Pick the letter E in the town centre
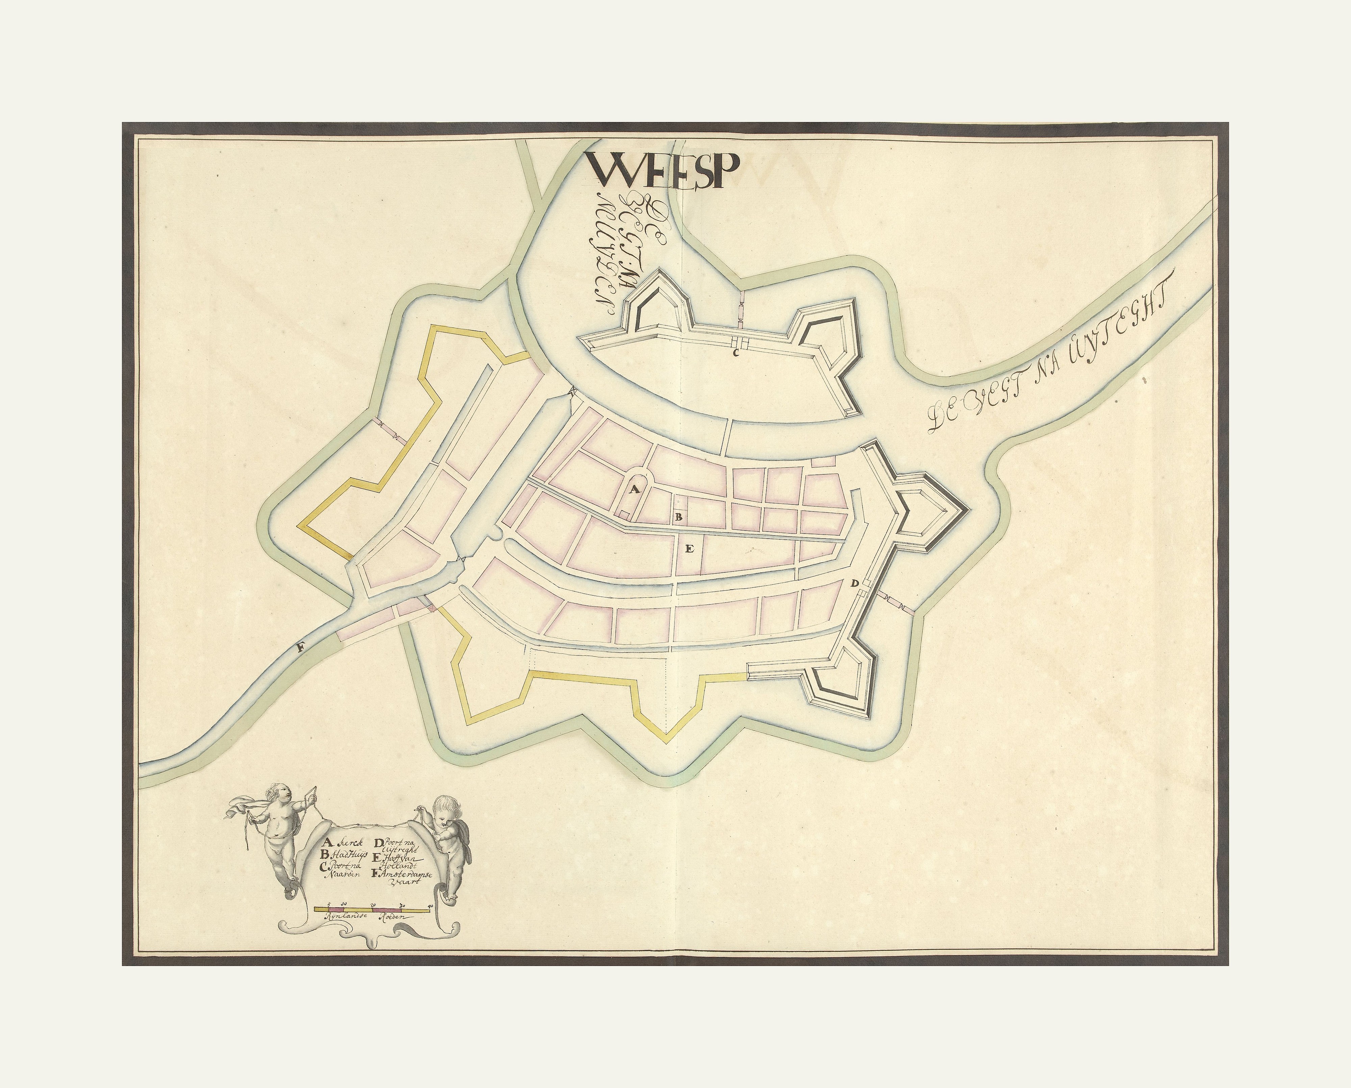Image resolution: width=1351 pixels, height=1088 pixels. pos(689,549)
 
